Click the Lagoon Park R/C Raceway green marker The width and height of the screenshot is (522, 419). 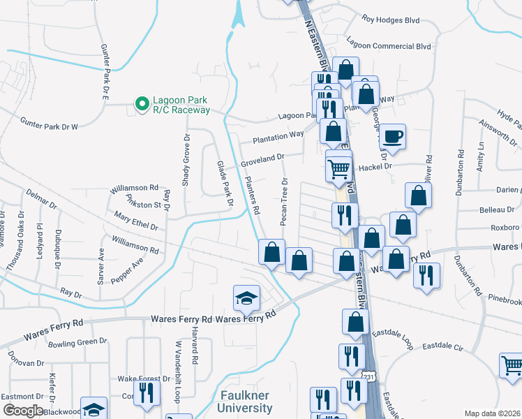142,104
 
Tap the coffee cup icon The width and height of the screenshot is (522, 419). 393,135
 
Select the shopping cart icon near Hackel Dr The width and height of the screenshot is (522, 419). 338,168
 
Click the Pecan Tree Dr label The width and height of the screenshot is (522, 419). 284,202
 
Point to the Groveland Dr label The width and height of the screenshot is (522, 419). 263,161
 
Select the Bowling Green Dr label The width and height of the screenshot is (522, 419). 78,342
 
